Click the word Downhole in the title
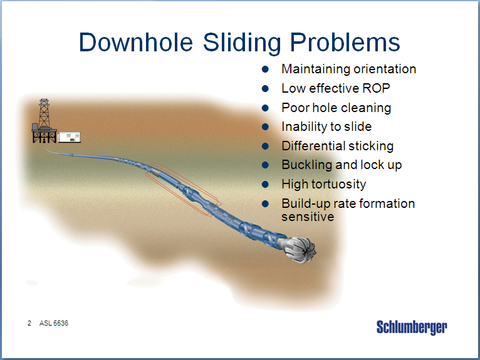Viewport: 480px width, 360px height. click(x=136, y=42)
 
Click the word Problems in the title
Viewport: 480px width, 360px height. click(x=345, y=43)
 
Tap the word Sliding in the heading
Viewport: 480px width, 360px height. click(x=242, y=43)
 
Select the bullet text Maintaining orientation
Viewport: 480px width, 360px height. click(x=348, y=69)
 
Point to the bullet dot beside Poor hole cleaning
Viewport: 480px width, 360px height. click(x=265, y=108)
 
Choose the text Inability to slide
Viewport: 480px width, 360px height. click(x=326, y=126)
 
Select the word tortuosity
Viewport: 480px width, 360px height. click(x=339, y=185)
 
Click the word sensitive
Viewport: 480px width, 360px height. click(x=308, y=217)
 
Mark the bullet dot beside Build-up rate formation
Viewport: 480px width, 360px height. click(x=265, y=203)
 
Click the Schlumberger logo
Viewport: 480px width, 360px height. click(x=412, y=327)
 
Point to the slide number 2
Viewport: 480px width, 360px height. click(x=29, y=323)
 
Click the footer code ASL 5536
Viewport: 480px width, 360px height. click(x=53, y=323)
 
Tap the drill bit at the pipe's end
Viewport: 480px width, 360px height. click(x=300, y=249)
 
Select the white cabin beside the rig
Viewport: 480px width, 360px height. click(x=70, y=137)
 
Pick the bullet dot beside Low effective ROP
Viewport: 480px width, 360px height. click(x=265, y=89)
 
